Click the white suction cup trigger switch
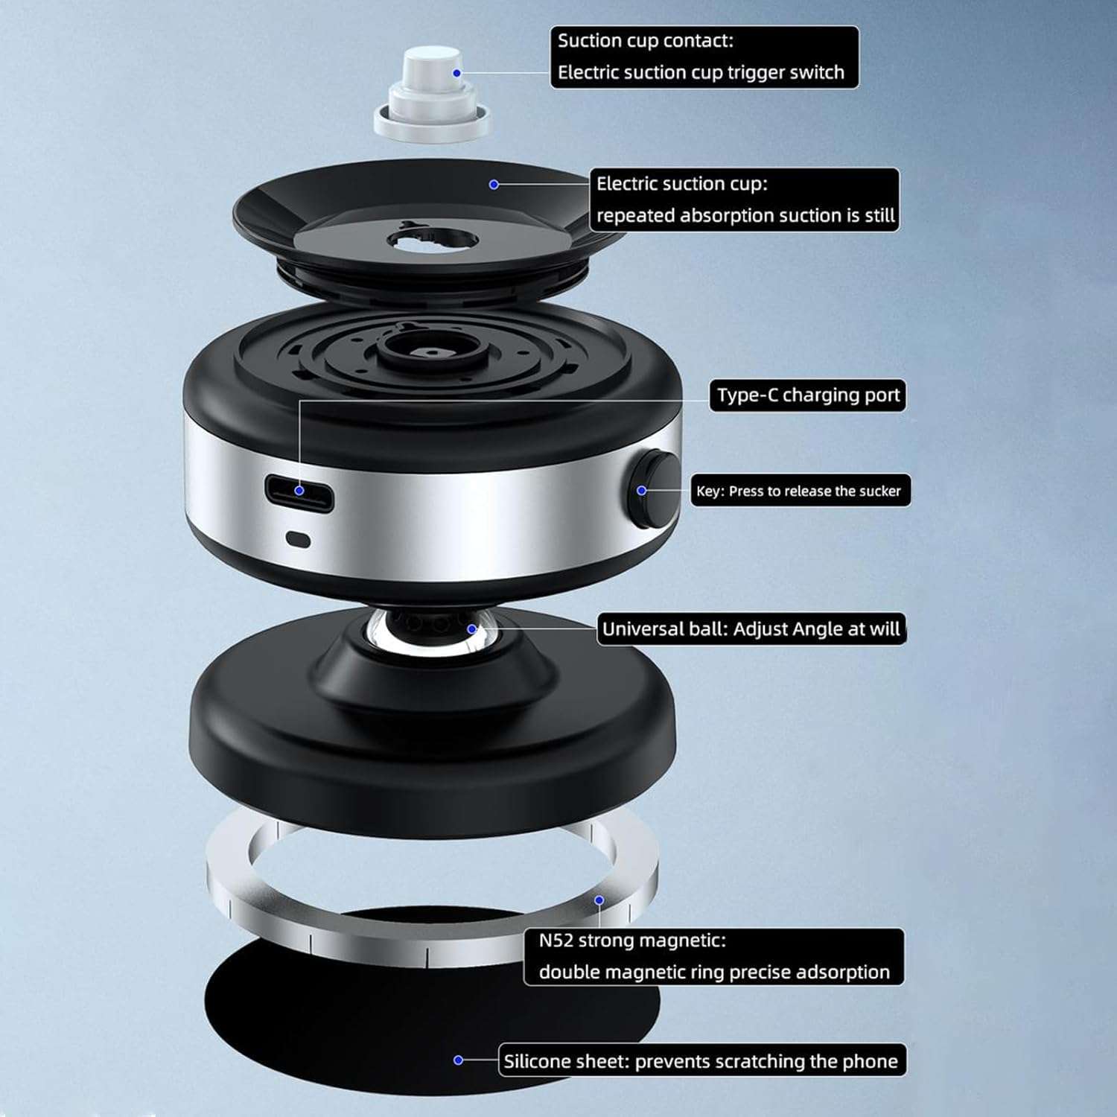[x=431, y=93]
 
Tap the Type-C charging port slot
[x=299, y=492]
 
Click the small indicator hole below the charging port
[x=299, y=540]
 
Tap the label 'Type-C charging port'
[x=807, y=395]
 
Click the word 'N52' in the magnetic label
[x=556, y=941]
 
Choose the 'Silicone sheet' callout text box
[x=701, y=1060]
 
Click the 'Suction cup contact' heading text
[x=645, y=41]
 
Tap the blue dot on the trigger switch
[x=456, y=73]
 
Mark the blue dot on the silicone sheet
[x=458, y=1060]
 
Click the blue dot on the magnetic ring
[x=599, y=900]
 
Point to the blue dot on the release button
[x=641, y=491]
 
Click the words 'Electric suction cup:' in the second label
[x=681, y=184]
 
